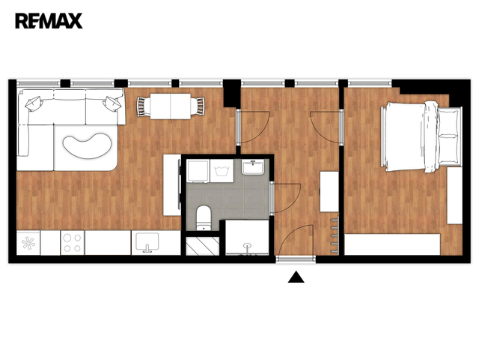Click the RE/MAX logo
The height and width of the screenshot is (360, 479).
[x=49, y=21]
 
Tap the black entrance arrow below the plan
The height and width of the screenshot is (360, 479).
[x=296, y=277]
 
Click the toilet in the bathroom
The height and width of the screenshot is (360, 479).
[x=204, y=217]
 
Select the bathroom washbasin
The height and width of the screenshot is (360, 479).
[x=253, y=167]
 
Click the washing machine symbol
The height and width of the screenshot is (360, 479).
[x=222, y=171]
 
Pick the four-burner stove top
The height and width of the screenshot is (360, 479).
[x=73, y=243]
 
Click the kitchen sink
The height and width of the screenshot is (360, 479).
[x=147, y=242]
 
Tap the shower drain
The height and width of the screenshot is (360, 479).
[x=248, y=245]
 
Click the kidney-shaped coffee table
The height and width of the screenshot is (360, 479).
[x=87, y=145]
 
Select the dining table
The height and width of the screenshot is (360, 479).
[x=171, y=106]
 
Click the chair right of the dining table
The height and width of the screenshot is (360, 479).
[x=198, y=106]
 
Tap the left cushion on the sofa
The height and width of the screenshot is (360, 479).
[x=34, y=103]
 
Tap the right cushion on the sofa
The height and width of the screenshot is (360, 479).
[x=112, y=103]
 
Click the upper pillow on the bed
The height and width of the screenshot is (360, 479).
[x=449, y=121]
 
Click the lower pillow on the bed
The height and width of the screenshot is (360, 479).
[x=449, y=149]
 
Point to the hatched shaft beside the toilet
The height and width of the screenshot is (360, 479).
[x=203, y=246]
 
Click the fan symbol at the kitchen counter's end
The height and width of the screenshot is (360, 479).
[x=28, y=243]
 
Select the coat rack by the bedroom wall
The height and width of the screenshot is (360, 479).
[x=335, y=235]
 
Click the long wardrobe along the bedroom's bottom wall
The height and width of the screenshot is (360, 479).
[x=392, y=244]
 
